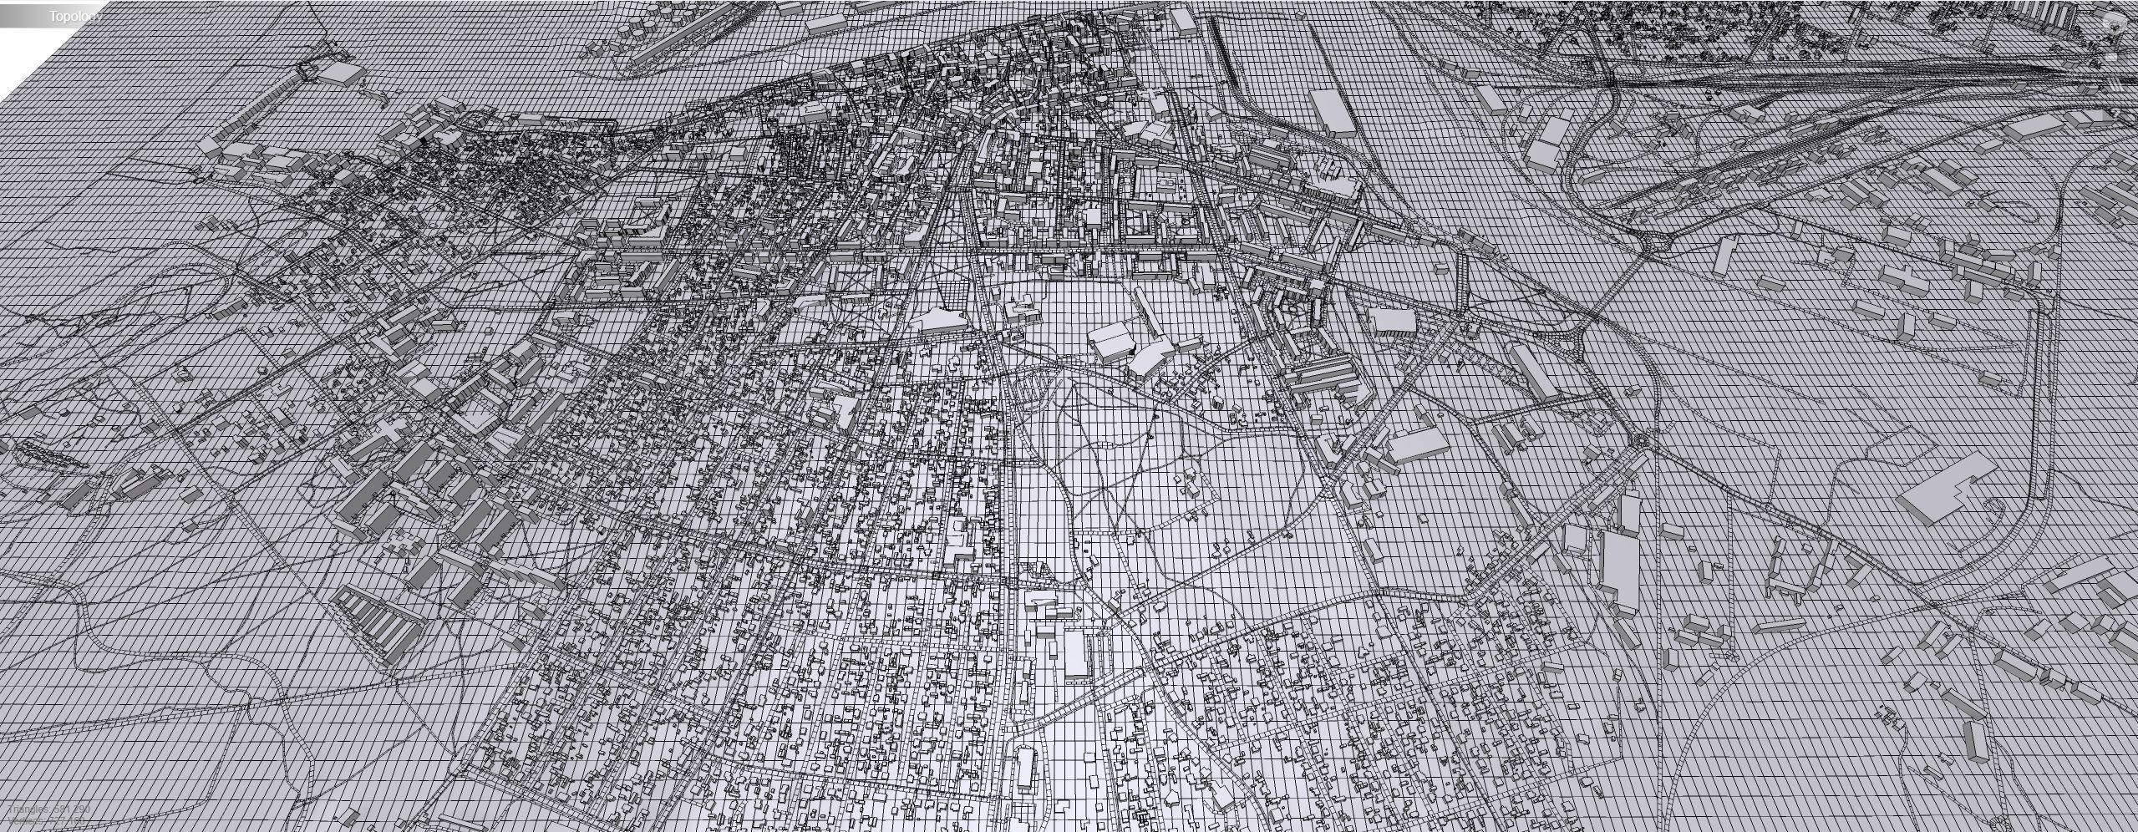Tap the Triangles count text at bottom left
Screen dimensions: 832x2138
pos(50,809)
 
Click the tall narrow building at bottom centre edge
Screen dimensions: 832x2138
pos(1025,778)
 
